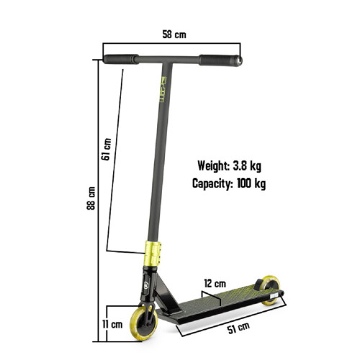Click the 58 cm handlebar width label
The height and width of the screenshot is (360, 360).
click(x=174, y=35)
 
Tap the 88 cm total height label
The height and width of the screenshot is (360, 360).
click(x=91, y=199)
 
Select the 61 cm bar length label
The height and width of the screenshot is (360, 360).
click(x=106, y=149)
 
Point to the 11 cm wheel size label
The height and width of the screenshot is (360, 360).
click(x=112, y=325)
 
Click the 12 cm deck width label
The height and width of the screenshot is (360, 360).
click(x=215, y=284)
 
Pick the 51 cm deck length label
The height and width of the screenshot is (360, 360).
click(x=238, y=328)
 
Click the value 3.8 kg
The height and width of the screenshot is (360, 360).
click(x=247, y=166)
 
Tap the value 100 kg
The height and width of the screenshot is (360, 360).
click(x=251, y=184)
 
